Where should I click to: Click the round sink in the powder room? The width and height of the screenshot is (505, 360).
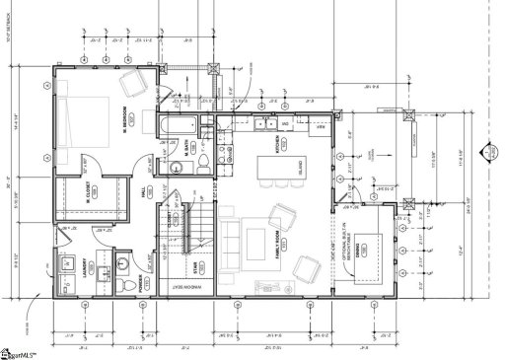point(120,262)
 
